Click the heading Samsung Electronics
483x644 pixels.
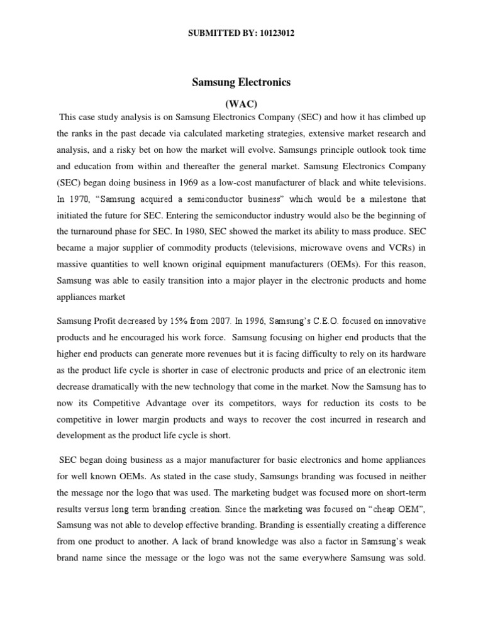(x=241, y=82)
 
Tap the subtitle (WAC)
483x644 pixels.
(x=241, y=101)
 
